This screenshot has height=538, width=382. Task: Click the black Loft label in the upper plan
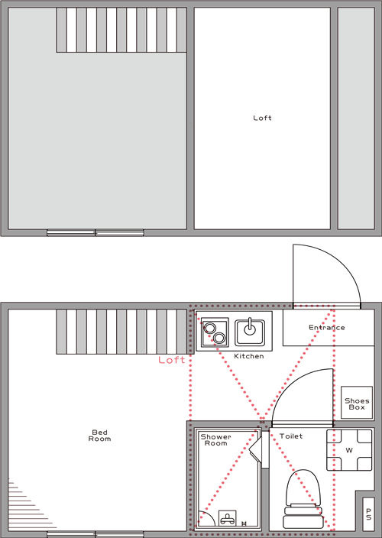262,118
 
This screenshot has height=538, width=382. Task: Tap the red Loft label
171,360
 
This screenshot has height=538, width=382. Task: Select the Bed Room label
100,436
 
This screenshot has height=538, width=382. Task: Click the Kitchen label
249,356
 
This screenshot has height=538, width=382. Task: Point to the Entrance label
327,327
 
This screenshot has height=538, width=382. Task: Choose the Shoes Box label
357,403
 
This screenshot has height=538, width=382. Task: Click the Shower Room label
215,440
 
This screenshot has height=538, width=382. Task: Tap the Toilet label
291,436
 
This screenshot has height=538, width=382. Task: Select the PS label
368,514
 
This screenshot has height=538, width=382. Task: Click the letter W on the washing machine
349,450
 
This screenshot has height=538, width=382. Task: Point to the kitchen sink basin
250,332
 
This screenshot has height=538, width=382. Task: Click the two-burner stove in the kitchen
215,332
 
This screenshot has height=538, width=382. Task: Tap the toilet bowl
303,488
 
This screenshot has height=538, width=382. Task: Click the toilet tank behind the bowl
303,517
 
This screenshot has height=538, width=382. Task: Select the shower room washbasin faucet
228,518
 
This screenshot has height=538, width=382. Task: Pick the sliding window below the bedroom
95,534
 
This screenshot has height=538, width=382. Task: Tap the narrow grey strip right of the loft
356,118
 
